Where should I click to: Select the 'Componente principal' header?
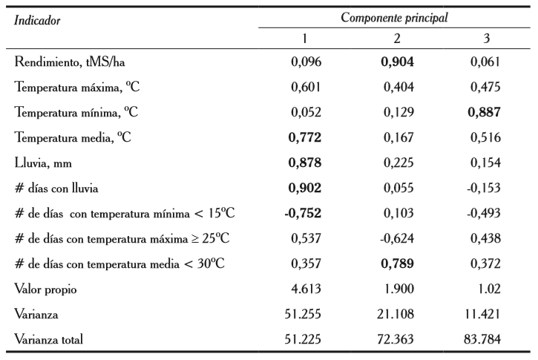(x=393, y=17)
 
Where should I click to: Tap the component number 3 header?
(x=485, y=38)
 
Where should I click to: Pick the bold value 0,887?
(x=485, y=113)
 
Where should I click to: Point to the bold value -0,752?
(x=303, y=213)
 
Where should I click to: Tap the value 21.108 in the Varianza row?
(x=398, y=315)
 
